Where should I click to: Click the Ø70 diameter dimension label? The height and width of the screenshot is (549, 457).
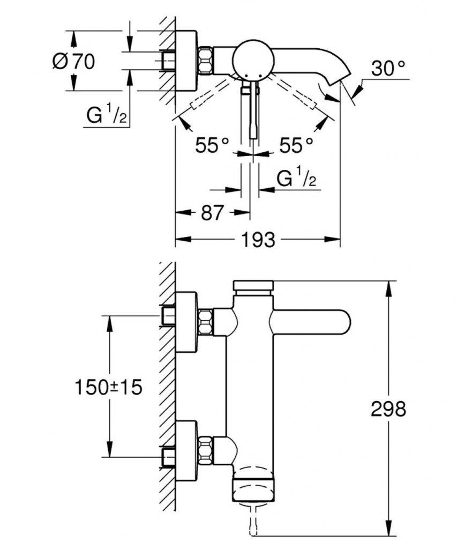click(x=73, y=62)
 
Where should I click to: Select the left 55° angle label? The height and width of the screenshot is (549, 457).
click(x=212, y=145)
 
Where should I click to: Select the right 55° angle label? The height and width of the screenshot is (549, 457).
click(x=295, y=145)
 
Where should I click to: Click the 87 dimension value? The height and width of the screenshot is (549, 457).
click(x=212, y=213)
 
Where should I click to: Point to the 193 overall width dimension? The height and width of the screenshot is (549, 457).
click(x=258, y=240)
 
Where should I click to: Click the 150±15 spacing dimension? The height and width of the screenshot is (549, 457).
click(x=109, y=387)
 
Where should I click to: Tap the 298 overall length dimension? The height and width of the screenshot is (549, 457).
click(x=388, y=409)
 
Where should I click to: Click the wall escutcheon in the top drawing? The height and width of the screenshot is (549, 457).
click(x=186, y=61)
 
